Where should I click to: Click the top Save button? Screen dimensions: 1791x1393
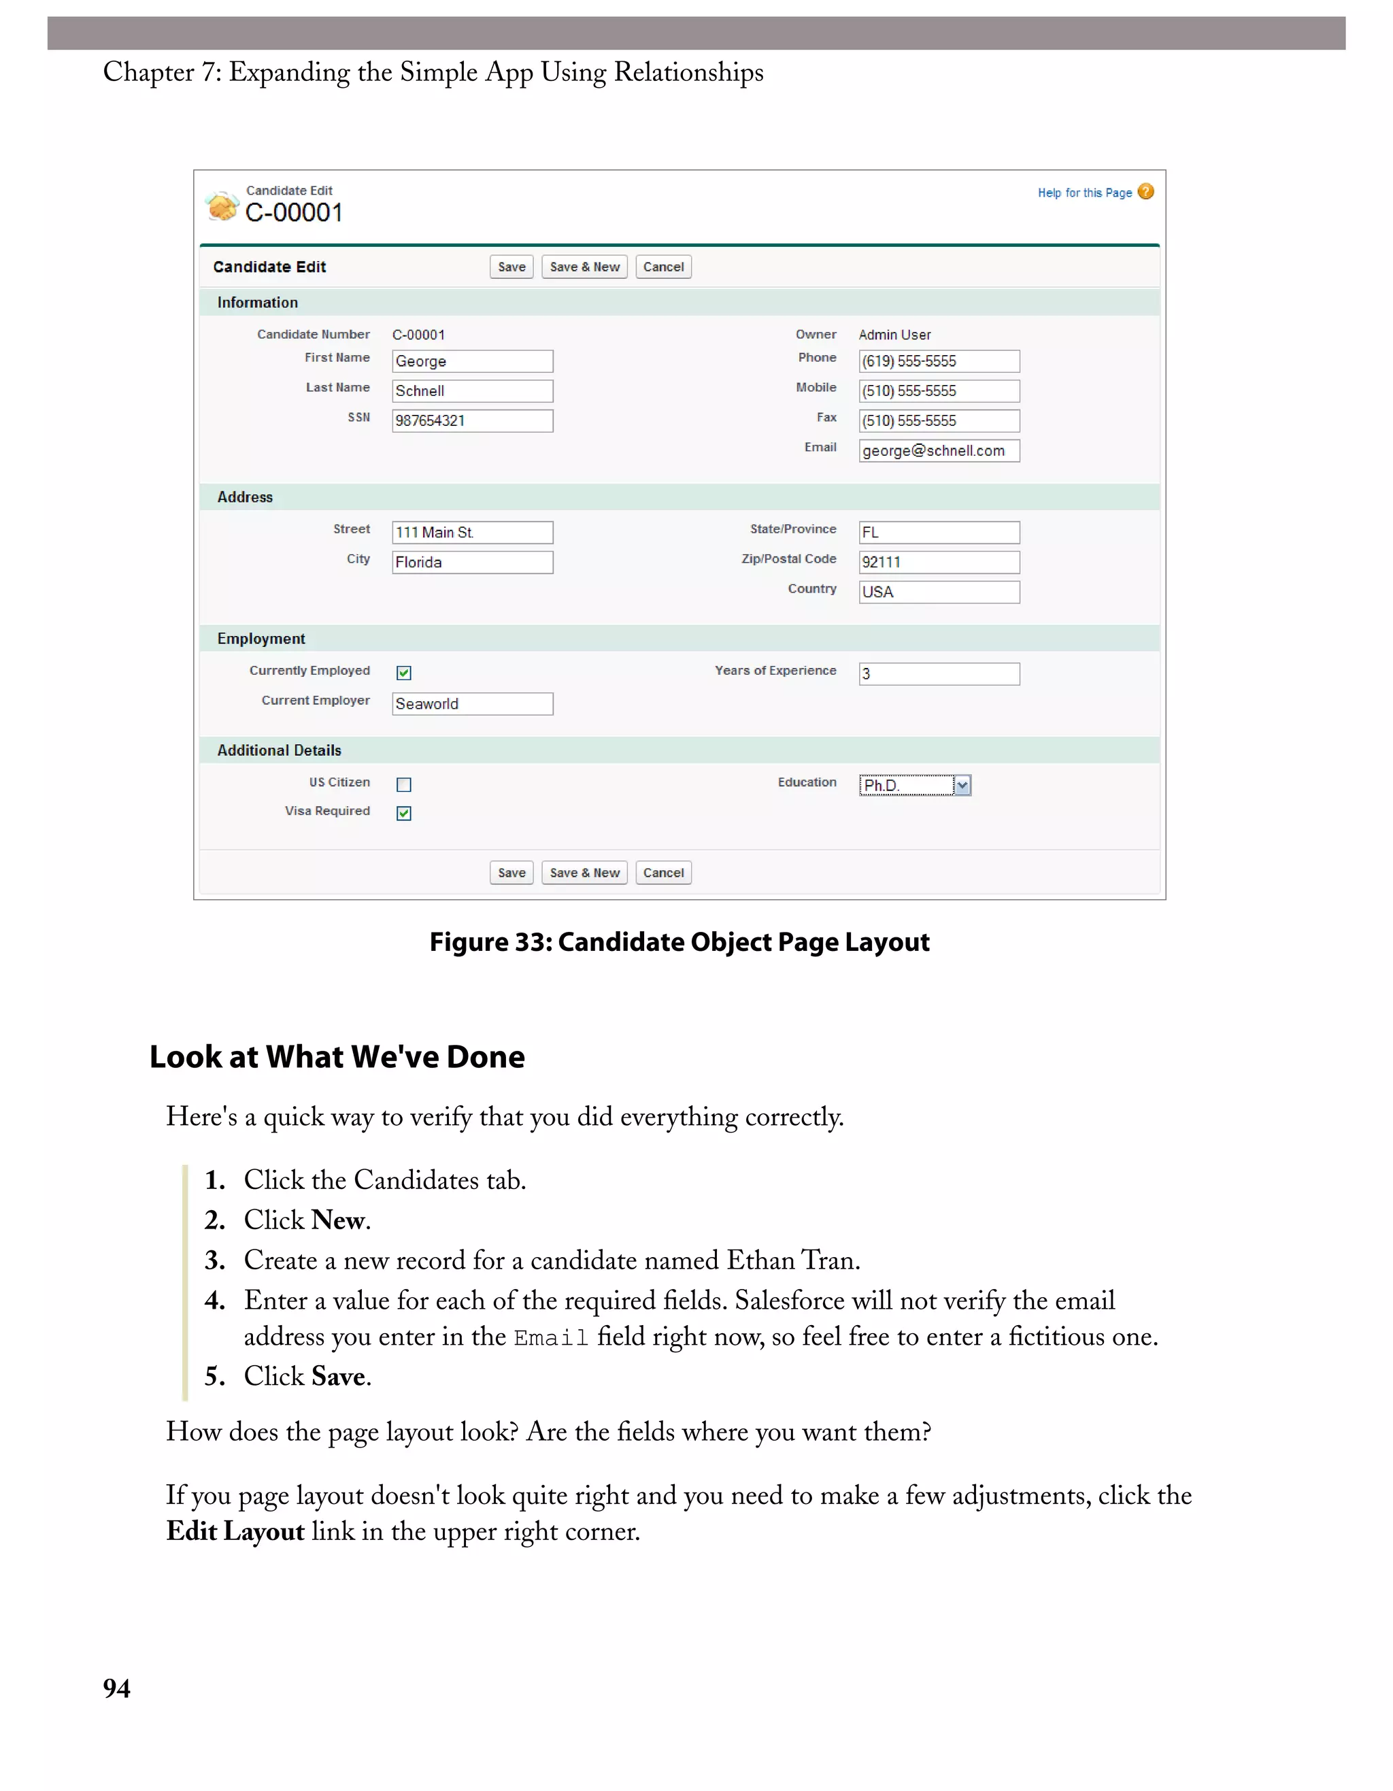(x=511, y=267)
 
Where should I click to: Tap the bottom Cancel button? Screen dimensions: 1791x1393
(x=663, y=873)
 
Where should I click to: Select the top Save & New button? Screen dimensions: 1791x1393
(x=584, y=267)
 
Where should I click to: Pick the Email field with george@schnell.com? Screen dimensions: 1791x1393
(x=939, y=451)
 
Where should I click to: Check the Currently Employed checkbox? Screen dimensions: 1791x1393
(x=404, y=673)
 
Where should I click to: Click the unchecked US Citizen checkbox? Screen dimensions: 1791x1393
(x=404, y=786)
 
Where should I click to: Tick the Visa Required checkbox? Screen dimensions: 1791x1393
(x=404, y=814)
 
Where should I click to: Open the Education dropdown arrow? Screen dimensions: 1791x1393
(x=962, y=786)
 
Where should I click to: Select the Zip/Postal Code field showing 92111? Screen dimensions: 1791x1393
(x=939, y=563)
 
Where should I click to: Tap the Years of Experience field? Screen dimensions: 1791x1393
(x=939, y=674)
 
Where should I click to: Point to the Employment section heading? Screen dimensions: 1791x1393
(x=261, y=639)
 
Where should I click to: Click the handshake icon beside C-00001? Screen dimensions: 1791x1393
(x=221, y=206)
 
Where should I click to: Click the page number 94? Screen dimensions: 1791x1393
(x=116, y=1688)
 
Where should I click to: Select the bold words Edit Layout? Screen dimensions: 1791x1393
(x=235, y=1532)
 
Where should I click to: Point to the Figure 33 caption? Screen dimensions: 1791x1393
(x=679, y=942)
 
